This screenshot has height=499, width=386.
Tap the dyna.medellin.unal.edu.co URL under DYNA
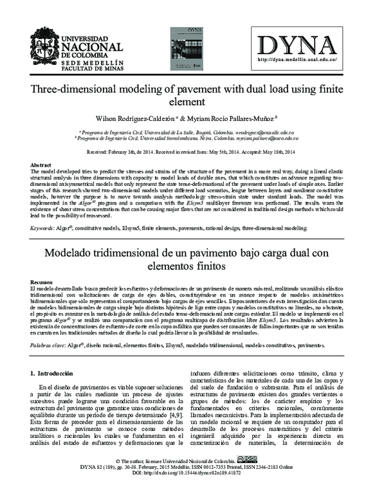(x=297, y=59)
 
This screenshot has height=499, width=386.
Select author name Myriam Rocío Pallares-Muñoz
(x=205, y=120)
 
